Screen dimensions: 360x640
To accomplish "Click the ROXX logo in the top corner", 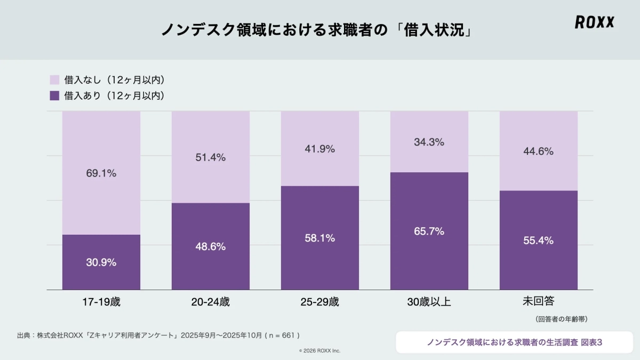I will pos(594,22).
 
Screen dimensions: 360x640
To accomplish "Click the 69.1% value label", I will pos(101,173).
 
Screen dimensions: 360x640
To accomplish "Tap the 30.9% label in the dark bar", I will pos(101,262).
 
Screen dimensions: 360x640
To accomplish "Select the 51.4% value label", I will pos(211,157).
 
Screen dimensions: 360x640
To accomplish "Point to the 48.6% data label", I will pos(211,246).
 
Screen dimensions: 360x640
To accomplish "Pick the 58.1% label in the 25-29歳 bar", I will pos(320,238).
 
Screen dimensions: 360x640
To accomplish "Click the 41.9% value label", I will pos(320,149).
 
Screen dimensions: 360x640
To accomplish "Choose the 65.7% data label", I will pos(429,231).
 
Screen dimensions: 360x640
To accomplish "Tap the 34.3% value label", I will pos(429,142).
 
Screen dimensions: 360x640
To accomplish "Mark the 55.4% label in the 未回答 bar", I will pos(539,241).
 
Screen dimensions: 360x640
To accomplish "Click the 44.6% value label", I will pos(539,151).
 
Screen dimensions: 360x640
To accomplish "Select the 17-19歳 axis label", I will pos(101,302).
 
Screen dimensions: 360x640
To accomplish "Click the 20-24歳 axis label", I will pos(211,302).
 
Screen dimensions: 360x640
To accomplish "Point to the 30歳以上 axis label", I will pos(429,302).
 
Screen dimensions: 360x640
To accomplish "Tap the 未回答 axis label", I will pos(539,301).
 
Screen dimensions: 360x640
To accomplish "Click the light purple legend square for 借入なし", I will pos(54,80).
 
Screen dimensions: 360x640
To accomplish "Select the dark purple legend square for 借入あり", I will pos(54,96).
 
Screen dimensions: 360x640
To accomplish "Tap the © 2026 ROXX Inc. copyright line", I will pos(319,350).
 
